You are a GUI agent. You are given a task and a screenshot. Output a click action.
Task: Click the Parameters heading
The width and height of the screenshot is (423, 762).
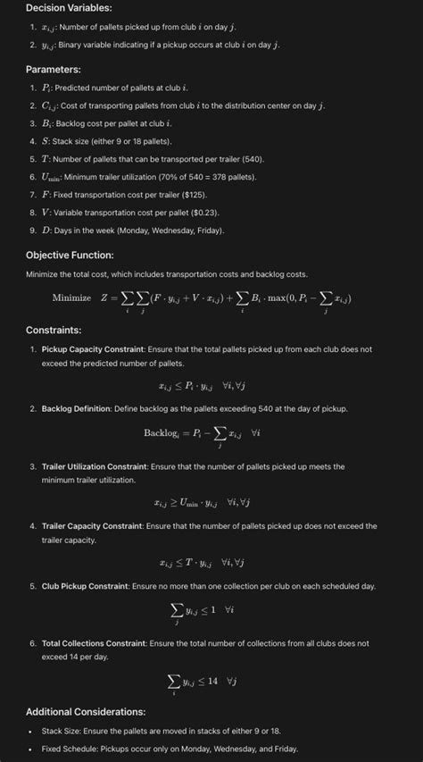(54, 69)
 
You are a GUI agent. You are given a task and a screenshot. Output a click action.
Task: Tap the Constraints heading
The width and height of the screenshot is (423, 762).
(54, 331)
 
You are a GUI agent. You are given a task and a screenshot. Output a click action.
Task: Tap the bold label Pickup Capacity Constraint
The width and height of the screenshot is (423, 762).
(87, 348)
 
